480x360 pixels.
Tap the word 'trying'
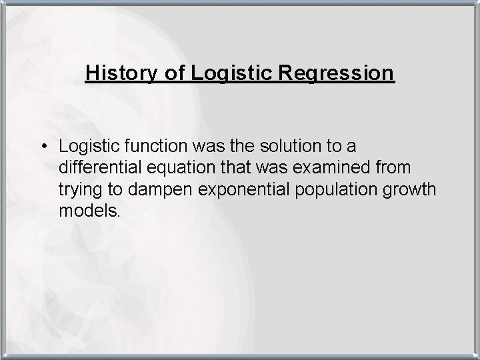[x=78, y=190]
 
